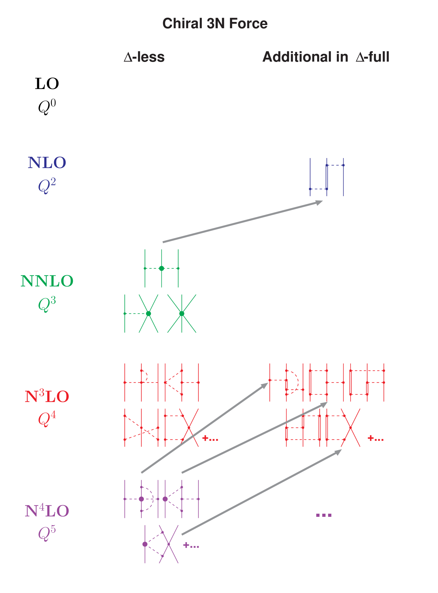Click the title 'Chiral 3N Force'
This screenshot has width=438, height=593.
tap(215, 23)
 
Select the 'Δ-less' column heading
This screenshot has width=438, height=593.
tap(144, 57)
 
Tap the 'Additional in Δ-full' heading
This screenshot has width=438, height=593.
tap(326, 57)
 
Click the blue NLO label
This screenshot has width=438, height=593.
tap(47, 163)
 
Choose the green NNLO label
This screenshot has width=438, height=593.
tap(47, 281)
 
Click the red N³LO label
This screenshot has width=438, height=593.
tap(47, 396)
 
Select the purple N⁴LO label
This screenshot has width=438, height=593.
tap(47, 511)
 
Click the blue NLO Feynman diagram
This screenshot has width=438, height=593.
tap(327, 177)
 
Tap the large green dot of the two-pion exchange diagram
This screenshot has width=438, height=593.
tap(162, 268)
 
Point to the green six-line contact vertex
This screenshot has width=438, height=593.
tap(182, 313)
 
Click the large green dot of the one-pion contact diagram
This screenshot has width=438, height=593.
tap(149, 313)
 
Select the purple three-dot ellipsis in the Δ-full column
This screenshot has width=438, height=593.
tap(324, 515)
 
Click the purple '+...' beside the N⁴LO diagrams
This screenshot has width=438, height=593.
tap(191, 546)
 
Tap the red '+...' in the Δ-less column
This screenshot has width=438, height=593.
tap(210, 439)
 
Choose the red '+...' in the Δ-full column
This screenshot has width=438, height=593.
tap(376, 438)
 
